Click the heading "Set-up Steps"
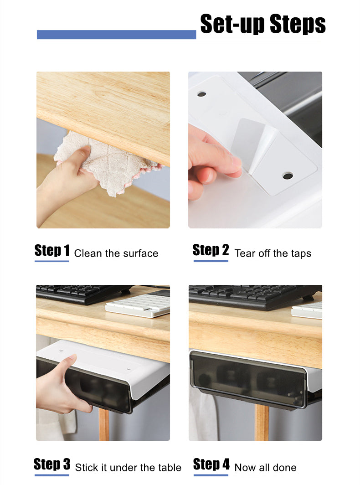pyautogui.click(x=263, y=24)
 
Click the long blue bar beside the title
pyautogui.click(x=116, y=35)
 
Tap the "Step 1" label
pyautogui.click(x=52, y=251)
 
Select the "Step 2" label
pyautogui.click(x=211, y=250)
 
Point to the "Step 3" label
pyautogui.click(x=52, y=464)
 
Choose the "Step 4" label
pyautogui.click(x=211, y=464)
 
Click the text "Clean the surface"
pyautogui.click(x=116, y=253)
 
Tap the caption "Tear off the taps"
pyautogui.click(x=273, y=253)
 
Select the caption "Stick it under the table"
pyautogui.click(x=128, y=467)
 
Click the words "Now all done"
pyautogui.click(x=265, y=467)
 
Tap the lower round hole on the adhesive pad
pyautogui.click(x=287, y=175)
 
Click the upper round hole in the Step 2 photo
pyautogui.click(x=201, y=94)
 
